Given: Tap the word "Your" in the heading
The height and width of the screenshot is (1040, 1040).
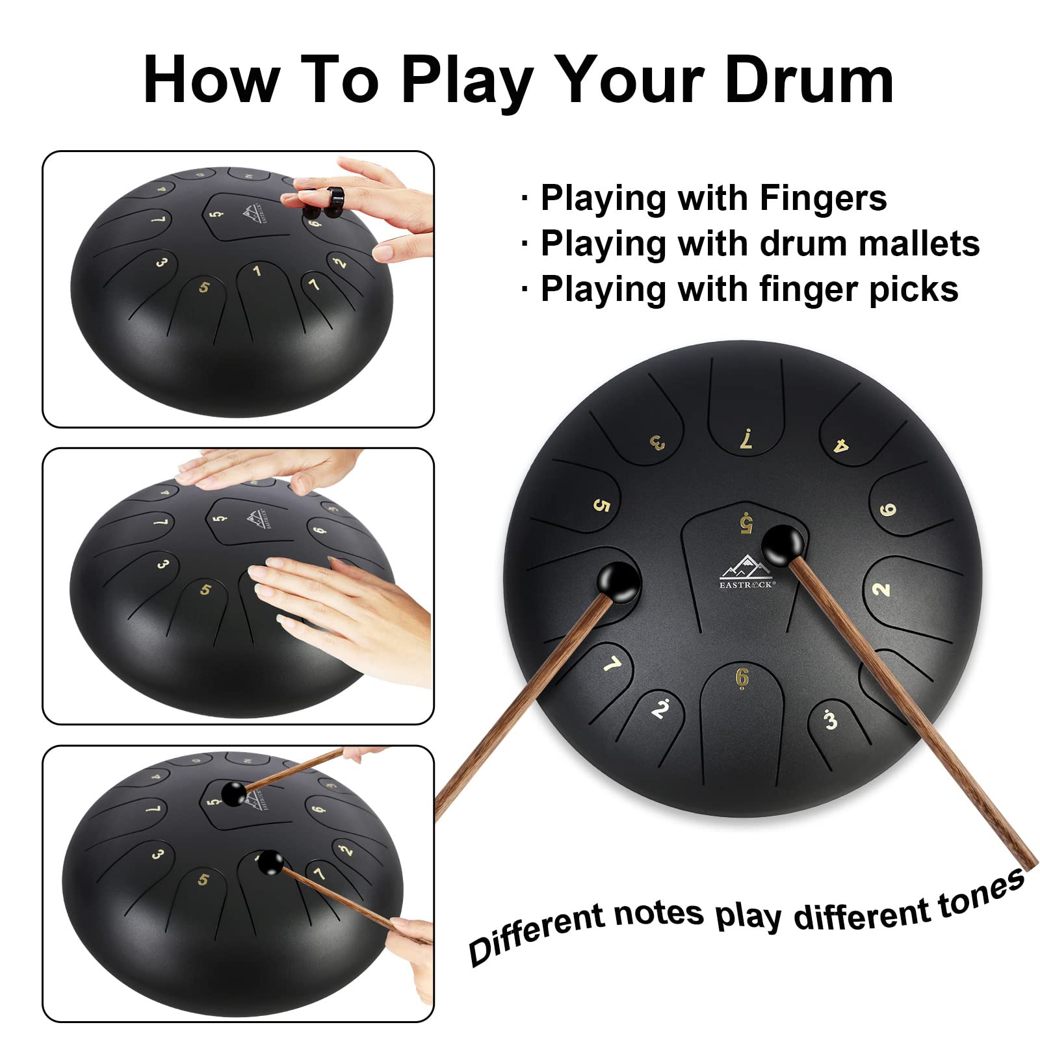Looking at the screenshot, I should pyautogui.click(x=628, y=81).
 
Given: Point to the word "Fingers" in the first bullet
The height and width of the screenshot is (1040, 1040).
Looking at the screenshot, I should pyautogui.click(x=823, y=198).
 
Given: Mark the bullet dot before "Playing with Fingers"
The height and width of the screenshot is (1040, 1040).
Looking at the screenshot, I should pyautogui.click(x=525, y=199).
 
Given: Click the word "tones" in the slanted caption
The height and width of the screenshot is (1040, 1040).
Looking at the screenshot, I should pyautogui.click(x=981, y=892).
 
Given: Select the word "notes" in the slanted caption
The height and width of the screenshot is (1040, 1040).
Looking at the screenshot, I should pyautogui.click(x=658, y=913).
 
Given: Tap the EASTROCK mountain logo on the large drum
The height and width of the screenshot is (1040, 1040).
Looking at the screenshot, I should pyautogui.click(x=746, y=572).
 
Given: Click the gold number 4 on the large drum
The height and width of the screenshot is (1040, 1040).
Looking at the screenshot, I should pyautogui.click(x=841, y=445).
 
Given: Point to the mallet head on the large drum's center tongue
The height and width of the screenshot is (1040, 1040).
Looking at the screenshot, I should pyautogui.click(x=782, y=545).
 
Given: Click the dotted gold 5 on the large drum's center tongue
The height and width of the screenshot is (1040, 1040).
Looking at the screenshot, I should pyautogui.click(x=746, y=522).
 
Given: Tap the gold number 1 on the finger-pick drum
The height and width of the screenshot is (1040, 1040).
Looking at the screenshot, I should pyautogui.click(x=257, y=271).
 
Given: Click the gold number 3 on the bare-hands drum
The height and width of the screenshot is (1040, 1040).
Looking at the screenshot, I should pyautogui.click(x=162, y=564).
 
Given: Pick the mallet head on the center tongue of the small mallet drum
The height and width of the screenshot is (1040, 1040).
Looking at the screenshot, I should pyautogui.click(x=233, y=794).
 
